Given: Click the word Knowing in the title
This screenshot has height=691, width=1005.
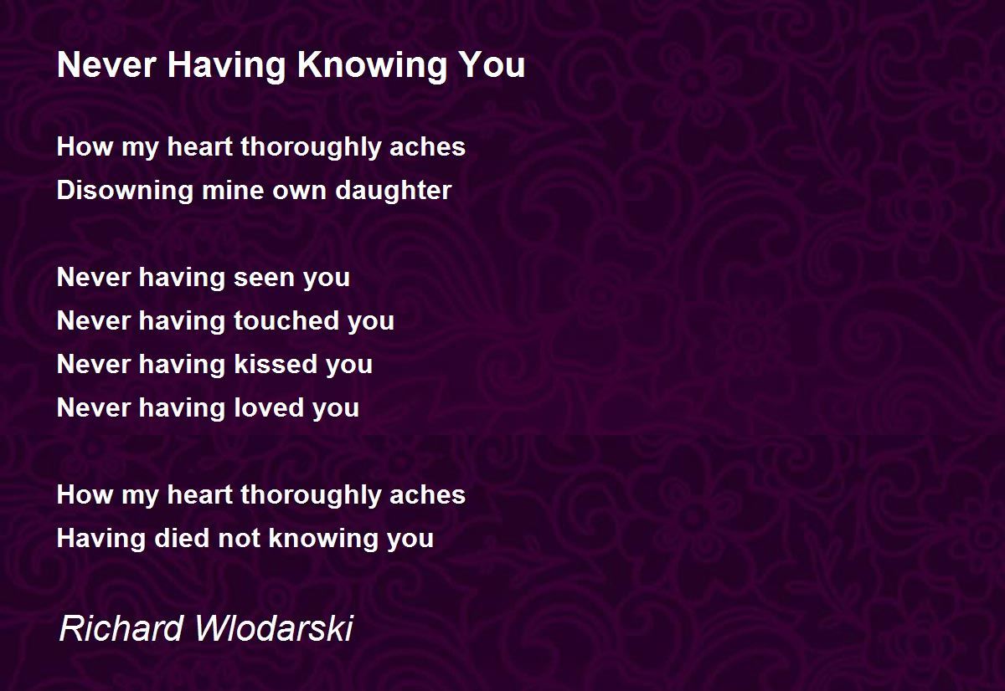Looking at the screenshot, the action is pos(372,66).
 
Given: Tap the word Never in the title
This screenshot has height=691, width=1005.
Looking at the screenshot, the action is pos(106,65).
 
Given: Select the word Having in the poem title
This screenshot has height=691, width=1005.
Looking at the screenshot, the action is pos(227,66).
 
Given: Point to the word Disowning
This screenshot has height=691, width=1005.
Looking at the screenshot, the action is pos(124,191).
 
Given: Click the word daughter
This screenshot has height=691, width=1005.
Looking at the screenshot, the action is pos(393,191).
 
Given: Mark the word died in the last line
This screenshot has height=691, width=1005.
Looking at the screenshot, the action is pos(181,538).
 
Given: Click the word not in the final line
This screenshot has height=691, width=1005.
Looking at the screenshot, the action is pos(239,539).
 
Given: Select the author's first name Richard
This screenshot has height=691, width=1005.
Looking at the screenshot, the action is pos(121,627).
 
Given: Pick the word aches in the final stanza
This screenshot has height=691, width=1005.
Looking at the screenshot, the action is pos(428,494).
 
